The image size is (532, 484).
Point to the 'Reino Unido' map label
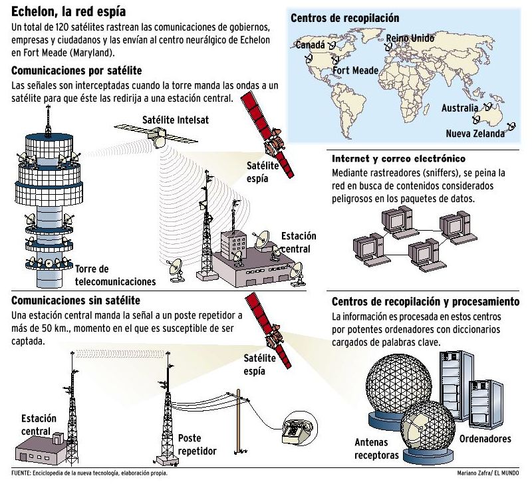click(412, 37)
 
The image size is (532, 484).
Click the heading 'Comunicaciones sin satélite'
click(76, 301)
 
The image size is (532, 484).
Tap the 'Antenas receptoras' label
click(377, 449)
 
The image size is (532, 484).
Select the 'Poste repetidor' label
click(198, 445)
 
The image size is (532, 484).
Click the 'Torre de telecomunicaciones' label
click(116, 275)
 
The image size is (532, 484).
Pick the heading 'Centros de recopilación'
click(345, 18)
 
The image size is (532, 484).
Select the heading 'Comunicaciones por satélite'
click(76, 71)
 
